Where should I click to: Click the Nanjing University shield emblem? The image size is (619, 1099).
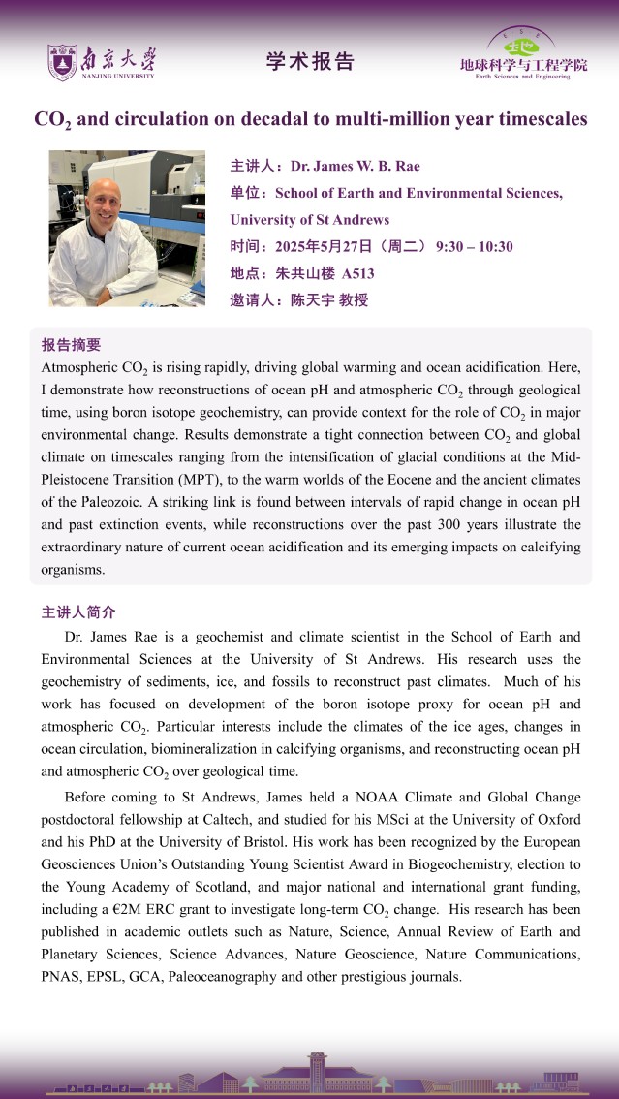click(x=62, y=62)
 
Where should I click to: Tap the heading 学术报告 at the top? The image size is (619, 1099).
click(x=310, y=62)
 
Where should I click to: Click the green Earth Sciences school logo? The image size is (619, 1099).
click(x=522, y=44)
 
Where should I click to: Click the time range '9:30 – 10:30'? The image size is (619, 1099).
click(x=475, y=247)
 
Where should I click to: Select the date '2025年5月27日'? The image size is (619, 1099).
click(x=325, y=247)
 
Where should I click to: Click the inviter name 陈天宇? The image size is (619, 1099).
click(x=312, y=300)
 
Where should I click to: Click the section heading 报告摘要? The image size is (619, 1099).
click(x=71, y=345)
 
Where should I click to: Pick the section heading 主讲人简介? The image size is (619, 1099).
click(x=78, y=612)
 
